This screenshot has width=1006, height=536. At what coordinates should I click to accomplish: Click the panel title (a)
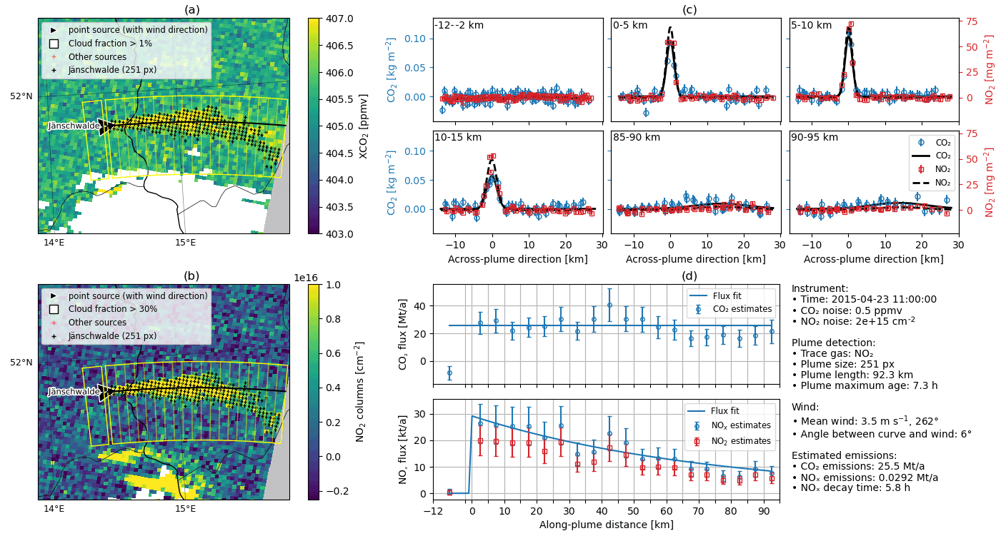(192, 9)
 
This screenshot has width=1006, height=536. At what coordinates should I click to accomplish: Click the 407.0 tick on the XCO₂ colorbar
(336, 19)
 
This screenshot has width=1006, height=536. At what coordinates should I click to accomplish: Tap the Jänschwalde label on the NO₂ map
(74, 392)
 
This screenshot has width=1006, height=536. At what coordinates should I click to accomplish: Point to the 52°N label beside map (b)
(21, 363)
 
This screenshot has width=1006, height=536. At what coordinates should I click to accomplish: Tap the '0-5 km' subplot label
(630, 26)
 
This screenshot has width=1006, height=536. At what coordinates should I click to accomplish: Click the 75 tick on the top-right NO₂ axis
(972, 22)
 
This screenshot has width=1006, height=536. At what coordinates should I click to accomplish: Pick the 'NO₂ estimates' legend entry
(741, 441)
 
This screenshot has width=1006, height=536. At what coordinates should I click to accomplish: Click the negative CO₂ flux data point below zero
(449, 373)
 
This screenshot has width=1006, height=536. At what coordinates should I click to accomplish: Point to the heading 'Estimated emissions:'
(834, 455)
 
